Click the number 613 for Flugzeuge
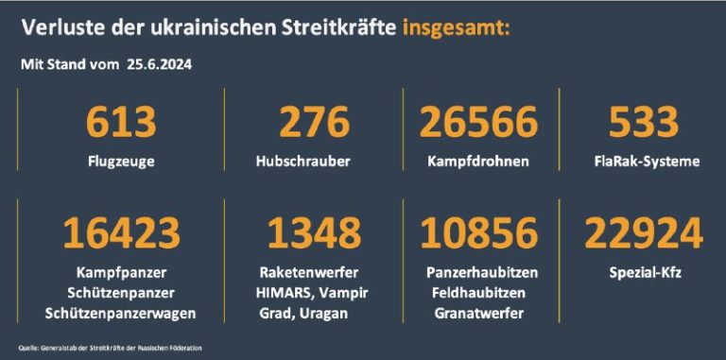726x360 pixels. pos(120,123)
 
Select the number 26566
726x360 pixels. pos(478,123)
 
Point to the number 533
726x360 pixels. pos(643,123)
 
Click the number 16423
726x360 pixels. pos(120,233)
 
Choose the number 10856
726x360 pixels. pos(478,233)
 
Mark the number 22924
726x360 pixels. pos(644,233)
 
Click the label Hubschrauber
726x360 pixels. pos(302,162)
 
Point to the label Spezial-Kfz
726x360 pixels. pos(644,272)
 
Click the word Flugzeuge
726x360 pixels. pos(119,162)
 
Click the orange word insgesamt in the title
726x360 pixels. pos(456,26)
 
